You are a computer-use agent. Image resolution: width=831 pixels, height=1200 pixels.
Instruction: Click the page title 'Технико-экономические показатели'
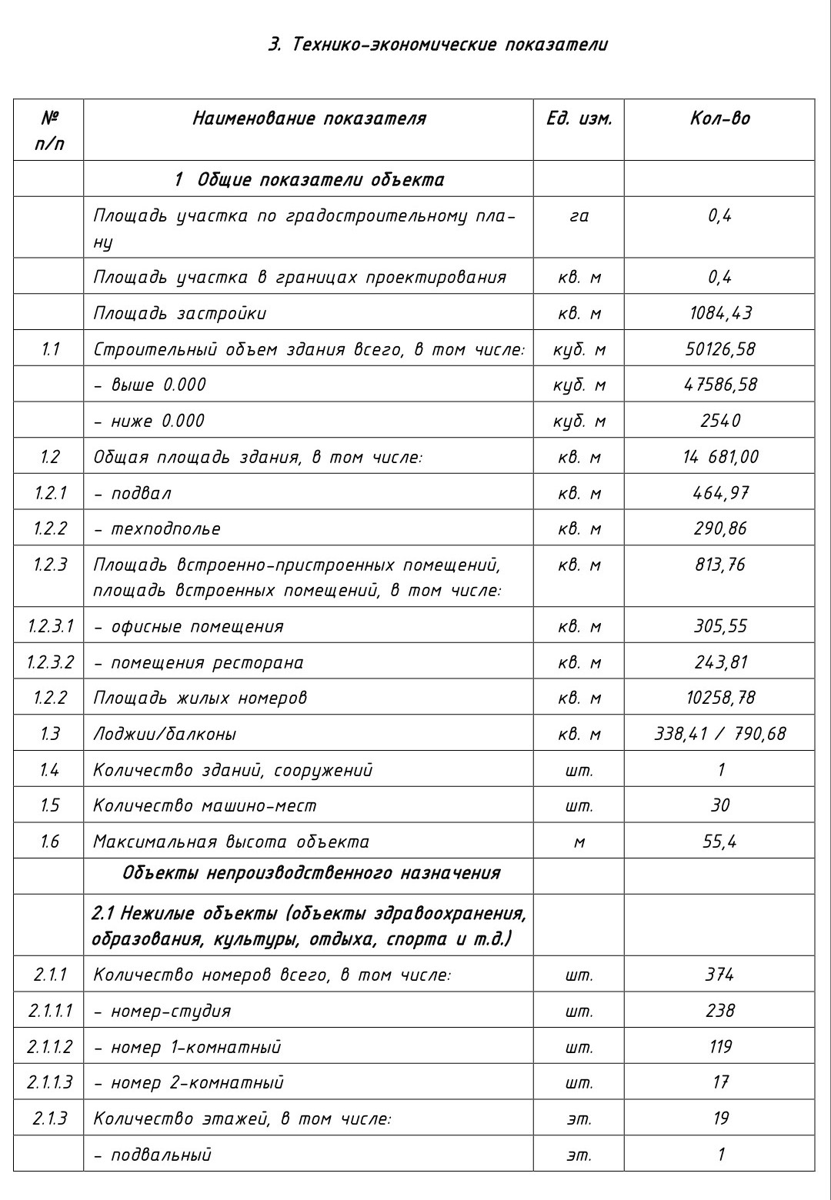438,45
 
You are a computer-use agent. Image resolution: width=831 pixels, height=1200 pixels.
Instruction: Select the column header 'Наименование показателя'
309,118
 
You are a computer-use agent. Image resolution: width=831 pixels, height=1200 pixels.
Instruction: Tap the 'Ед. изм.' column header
579,118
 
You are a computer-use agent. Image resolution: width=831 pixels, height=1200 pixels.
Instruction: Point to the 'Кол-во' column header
719,118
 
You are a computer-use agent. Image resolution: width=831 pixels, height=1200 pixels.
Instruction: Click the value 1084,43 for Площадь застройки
720,313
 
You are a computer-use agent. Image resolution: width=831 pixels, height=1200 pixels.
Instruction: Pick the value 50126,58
720,349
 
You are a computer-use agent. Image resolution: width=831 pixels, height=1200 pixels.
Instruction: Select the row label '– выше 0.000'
150,385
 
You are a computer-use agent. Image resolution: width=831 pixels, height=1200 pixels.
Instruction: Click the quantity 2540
720,421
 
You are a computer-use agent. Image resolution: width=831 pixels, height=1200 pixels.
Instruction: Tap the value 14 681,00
720,457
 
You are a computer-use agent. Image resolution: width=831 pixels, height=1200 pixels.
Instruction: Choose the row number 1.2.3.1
49,626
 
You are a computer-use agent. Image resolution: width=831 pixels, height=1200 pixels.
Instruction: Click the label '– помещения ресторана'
199,662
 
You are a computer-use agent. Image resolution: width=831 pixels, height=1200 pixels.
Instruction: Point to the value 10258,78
720,698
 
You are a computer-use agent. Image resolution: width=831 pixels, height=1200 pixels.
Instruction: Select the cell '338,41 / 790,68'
720,734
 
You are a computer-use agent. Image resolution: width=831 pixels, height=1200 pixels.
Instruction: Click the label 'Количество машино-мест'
205,805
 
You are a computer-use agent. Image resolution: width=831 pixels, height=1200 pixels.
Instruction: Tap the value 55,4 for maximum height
720,842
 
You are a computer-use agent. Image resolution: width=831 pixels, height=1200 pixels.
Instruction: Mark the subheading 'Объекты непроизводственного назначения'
311,873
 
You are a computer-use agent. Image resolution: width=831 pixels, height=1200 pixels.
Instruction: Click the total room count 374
720,975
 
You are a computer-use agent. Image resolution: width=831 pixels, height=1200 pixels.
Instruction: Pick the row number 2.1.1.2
49,1047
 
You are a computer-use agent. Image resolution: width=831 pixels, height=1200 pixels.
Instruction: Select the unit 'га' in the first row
579,216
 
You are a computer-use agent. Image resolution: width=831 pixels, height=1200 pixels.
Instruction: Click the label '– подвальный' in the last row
152,1155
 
